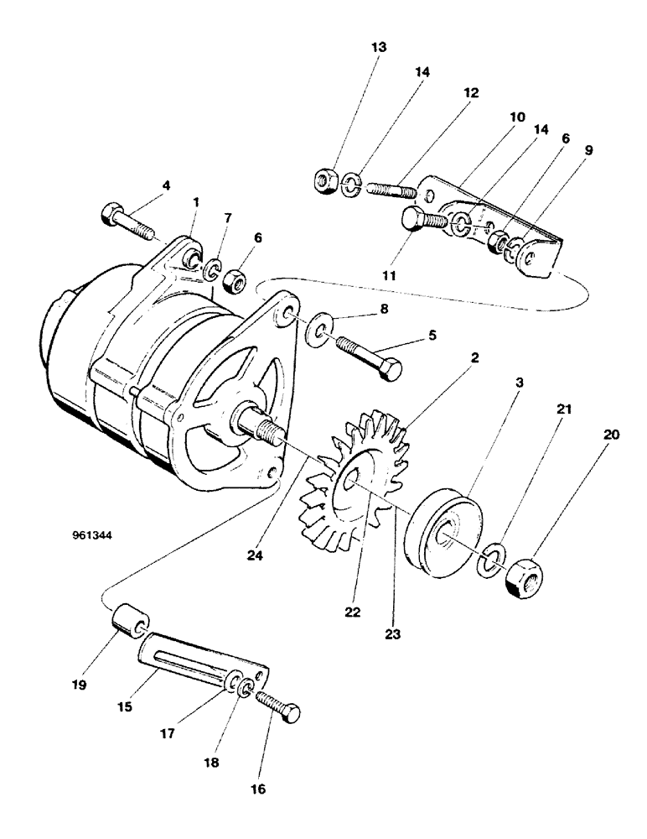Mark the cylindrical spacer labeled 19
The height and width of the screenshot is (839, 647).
127,622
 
